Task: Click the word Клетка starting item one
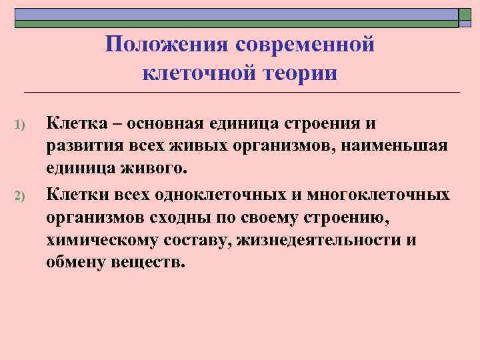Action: pyautogui.click(x=73, y=123)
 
